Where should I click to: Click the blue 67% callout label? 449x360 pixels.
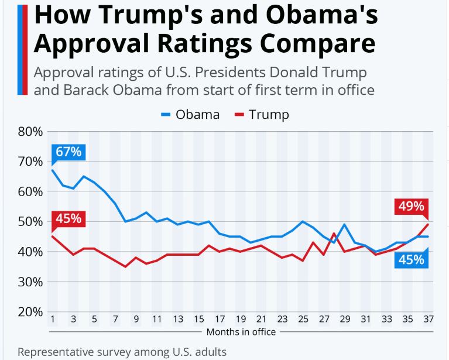point(68,152)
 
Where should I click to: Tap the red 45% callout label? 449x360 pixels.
point(68,220)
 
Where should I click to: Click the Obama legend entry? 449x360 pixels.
point(190,114)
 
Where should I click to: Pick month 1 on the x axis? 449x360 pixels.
point(52,320)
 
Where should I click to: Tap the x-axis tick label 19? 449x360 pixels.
point(241,320)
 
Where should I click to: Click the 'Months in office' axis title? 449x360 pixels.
point(241,332)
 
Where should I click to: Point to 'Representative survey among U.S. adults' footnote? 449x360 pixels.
point(122,352)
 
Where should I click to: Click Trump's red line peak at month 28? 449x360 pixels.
point(334,234)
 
